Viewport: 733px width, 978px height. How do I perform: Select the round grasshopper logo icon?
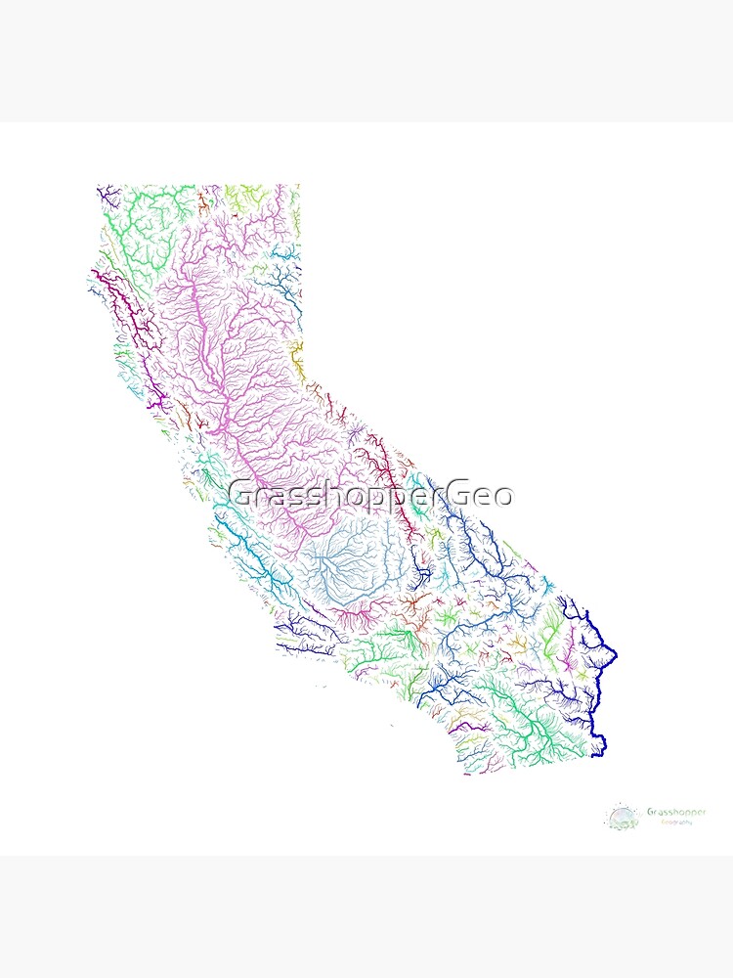pos(622,816)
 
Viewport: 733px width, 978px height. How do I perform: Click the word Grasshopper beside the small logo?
pos(675,812)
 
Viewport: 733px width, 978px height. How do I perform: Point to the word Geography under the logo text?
pos(675,822)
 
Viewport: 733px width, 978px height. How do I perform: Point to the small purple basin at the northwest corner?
pos(108,194)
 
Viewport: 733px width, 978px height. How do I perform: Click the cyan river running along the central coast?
pos(244,548)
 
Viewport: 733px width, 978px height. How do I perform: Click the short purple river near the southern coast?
pos(459,727)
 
